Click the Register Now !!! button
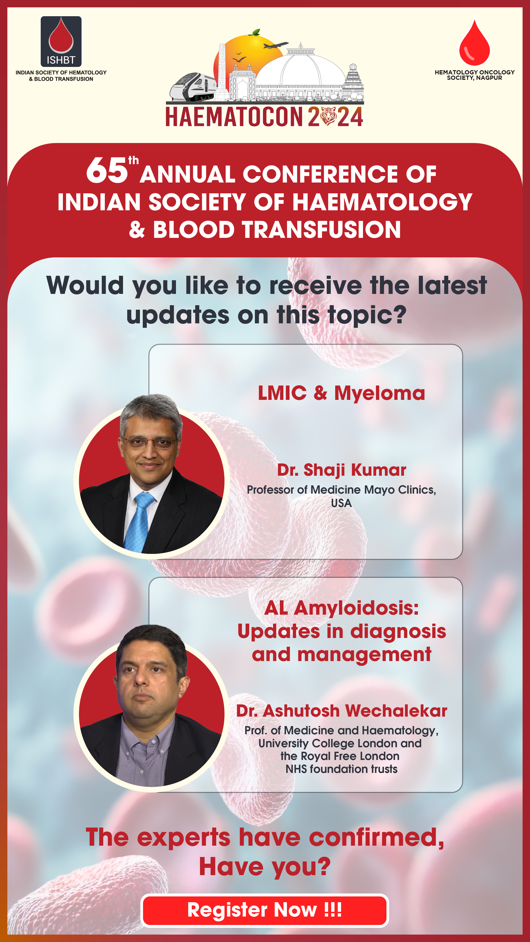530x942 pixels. point(265,910)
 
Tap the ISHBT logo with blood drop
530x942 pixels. point(61,41)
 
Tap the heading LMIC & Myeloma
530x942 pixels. point(341,393)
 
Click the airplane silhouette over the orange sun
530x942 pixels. point(275,45)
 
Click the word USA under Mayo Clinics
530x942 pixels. point(341,503)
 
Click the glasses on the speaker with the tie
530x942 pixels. point(150,443)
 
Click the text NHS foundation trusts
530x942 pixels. point(341,769)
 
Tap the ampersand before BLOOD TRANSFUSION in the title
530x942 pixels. point(137,230)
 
